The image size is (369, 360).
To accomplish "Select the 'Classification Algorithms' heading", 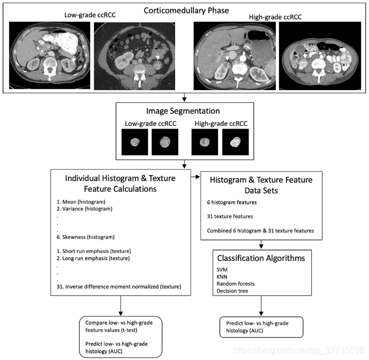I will point(261,259).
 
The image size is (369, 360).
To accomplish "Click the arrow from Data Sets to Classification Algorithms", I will point(261,244).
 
